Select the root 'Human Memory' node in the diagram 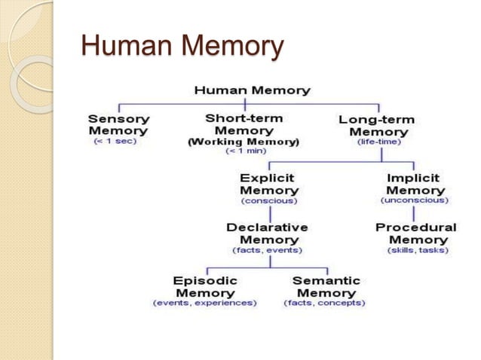(x=252, y=90)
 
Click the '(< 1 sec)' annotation (x=115, y=142)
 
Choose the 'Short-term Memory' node (x=243, y=125)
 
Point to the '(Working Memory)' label (x=243, y=142)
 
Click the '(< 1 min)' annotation (x=242, y=151)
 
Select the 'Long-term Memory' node (x=378, y=126)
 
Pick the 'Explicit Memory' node (x=269, y=185)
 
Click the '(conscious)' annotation (x=269, y=201)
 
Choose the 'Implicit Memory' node (x=415, y=185)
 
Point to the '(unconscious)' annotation (x=415, y=201)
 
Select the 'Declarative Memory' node (x=268, y=233)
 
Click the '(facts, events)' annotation (x=268, y=250)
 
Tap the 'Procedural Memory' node (x=415, y=233)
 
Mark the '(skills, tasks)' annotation (x=415, y=250)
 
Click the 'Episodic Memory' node (x=204, y=286)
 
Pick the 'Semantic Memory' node (x=325, y=286)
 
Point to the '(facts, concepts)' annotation (x=324, y=303)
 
